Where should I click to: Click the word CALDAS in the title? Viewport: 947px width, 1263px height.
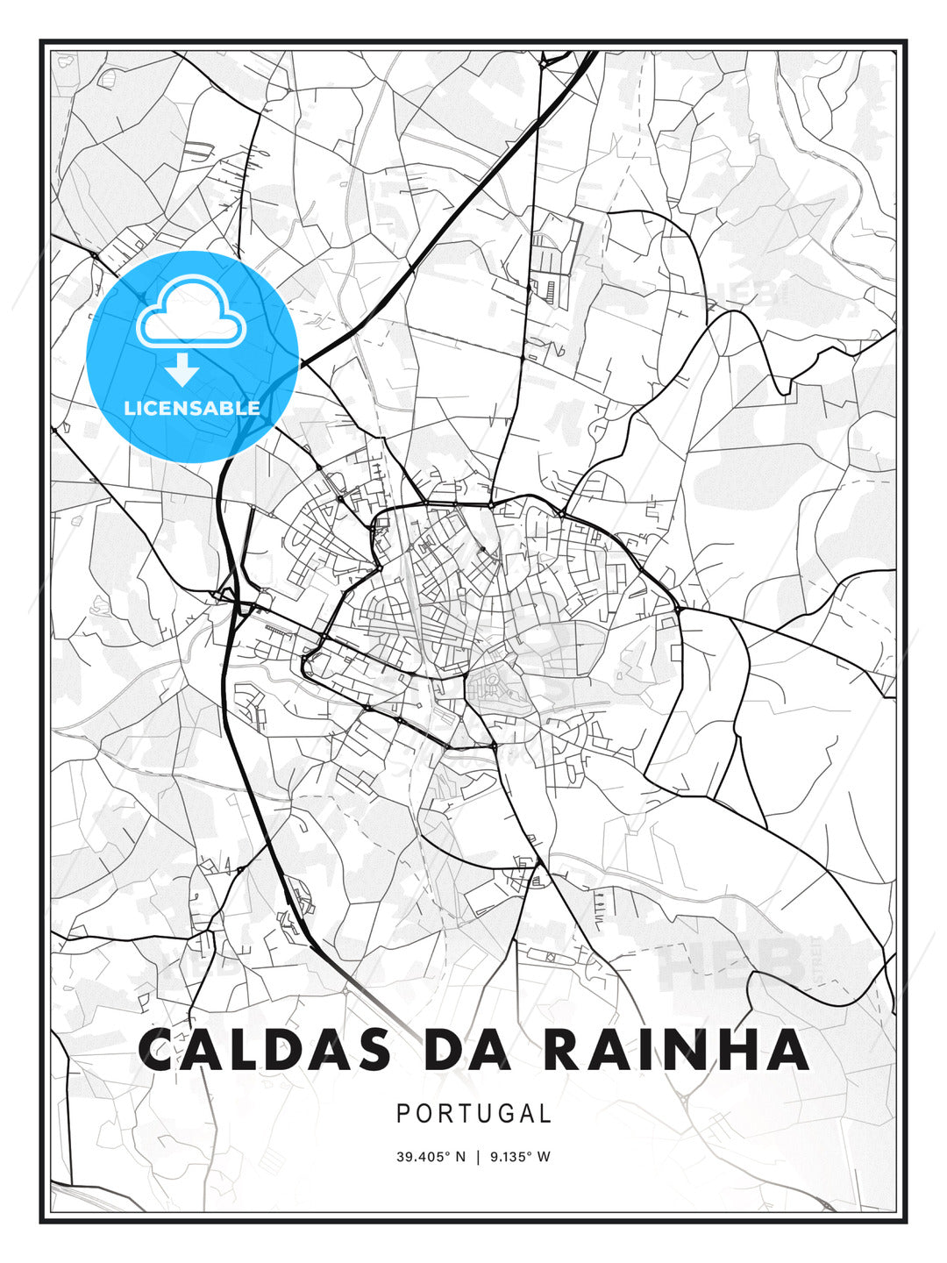coord(264,1050)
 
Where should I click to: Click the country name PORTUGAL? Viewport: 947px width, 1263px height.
coord(473,1114)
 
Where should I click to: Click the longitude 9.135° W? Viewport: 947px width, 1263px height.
coord(520,1156)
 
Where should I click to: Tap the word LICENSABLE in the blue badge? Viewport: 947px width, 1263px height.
coord(192,408)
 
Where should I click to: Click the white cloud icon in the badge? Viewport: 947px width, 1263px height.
coord(189,312)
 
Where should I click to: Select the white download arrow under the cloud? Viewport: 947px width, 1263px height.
coord(182,370)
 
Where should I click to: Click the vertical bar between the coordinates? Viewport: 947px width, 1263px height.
coord(477,1156)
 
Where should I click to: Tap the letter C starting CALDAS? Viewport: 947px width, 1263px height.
coord(159,1050)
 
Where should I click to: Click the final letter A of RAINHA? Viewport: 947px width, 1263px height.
coord(787,1050)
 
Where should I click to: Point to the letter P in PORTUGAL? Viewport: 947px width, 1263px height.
coord(403,1114)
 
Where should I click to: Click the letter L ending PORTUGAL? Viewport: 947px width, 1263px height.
coord(545,1114)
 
